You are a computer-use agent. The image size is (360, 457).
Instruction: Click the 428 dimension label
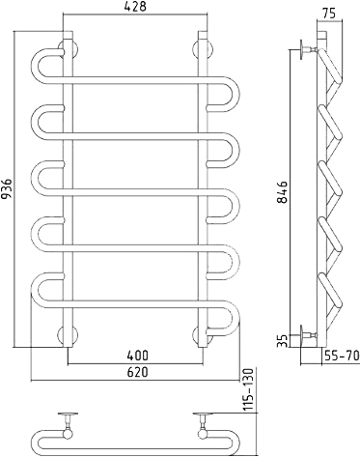pos(135,7)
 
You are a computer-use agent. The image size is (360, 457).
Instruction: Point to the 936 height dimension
pos(7,189)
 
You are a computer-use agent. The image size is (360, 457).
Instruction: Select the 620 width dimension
pos(137,372)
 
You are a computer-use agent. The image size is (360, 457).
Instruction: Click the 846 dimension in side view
pos(283,192)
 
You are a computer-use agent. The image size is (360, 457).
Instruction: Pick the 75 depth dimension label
pos(328,14)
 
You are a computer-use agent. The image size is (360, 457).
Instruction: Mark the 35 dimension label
pos(282,340)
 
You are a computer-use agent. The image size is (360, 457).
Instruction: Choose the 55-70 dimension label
pos(341,356)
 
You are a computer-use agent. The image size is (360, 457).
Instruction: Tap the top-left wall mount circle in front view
pos(68,49)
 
